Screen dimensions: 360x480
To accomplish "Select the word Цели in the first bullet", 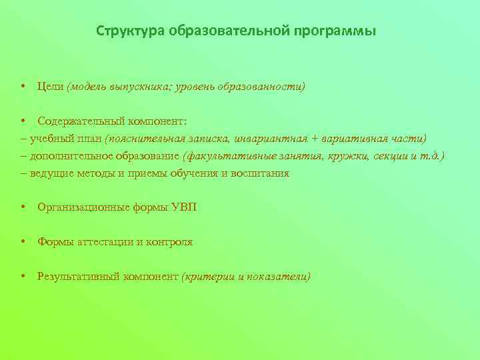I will (50, 87).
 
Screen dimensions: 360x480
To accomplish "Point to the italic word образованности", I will (267, 87).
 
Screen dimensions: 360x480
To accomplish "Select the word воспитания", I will (259, 173).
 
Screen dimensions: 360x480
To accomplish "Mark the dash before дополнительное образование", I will (24, 156).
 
